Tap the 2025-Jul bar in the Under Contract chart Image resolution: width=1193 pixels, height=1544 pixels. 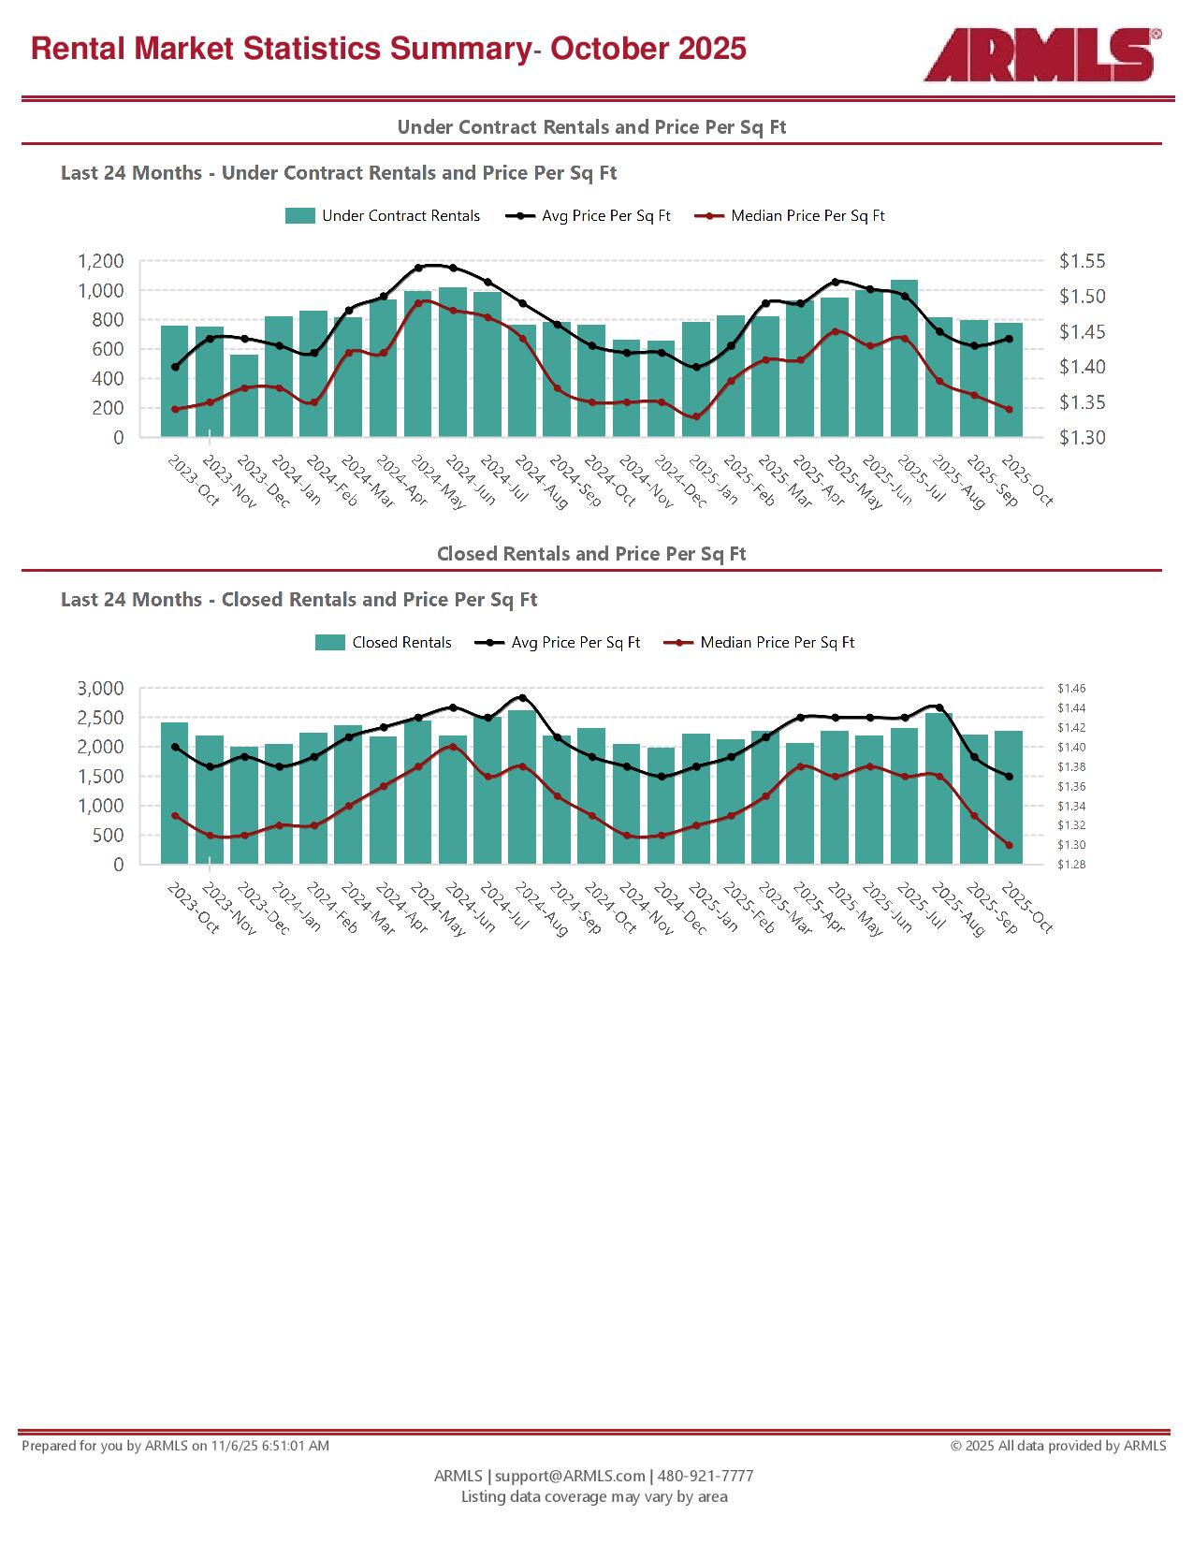click(x=904, y=358)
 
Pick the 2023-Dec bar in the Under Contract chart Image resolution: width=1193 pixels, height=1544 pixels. click(x=244, y=396)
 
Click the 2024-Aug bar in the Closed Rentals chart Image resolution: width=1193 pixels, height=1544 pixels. click(x=522, y=787)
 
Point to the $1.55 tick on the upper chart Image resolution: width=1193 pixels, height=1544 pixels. click(x=1082, y=262)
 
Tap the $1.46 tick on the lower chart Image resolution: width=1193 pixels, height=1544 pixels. click(x=1071, y=689)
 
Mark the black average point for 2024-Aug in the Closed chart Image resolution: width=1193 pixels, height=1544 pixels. click(x=522, y=697)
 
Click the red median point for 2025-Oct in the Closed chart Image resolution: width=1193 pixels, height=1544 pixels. click(x=1009, y=845)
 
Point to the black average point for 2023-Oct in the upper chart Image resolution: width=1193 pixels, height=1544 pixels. click(x=175, y=367)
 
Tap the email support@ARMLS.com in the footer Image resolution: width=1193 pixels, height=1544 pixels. click(x=570, y=1476)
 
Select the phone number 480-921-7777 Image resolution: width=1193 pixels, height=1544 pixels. click(x=706, y=1476)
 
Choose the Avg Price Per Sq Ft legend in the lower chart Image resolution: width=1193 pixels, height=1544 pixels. click(x=558, y=643)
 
